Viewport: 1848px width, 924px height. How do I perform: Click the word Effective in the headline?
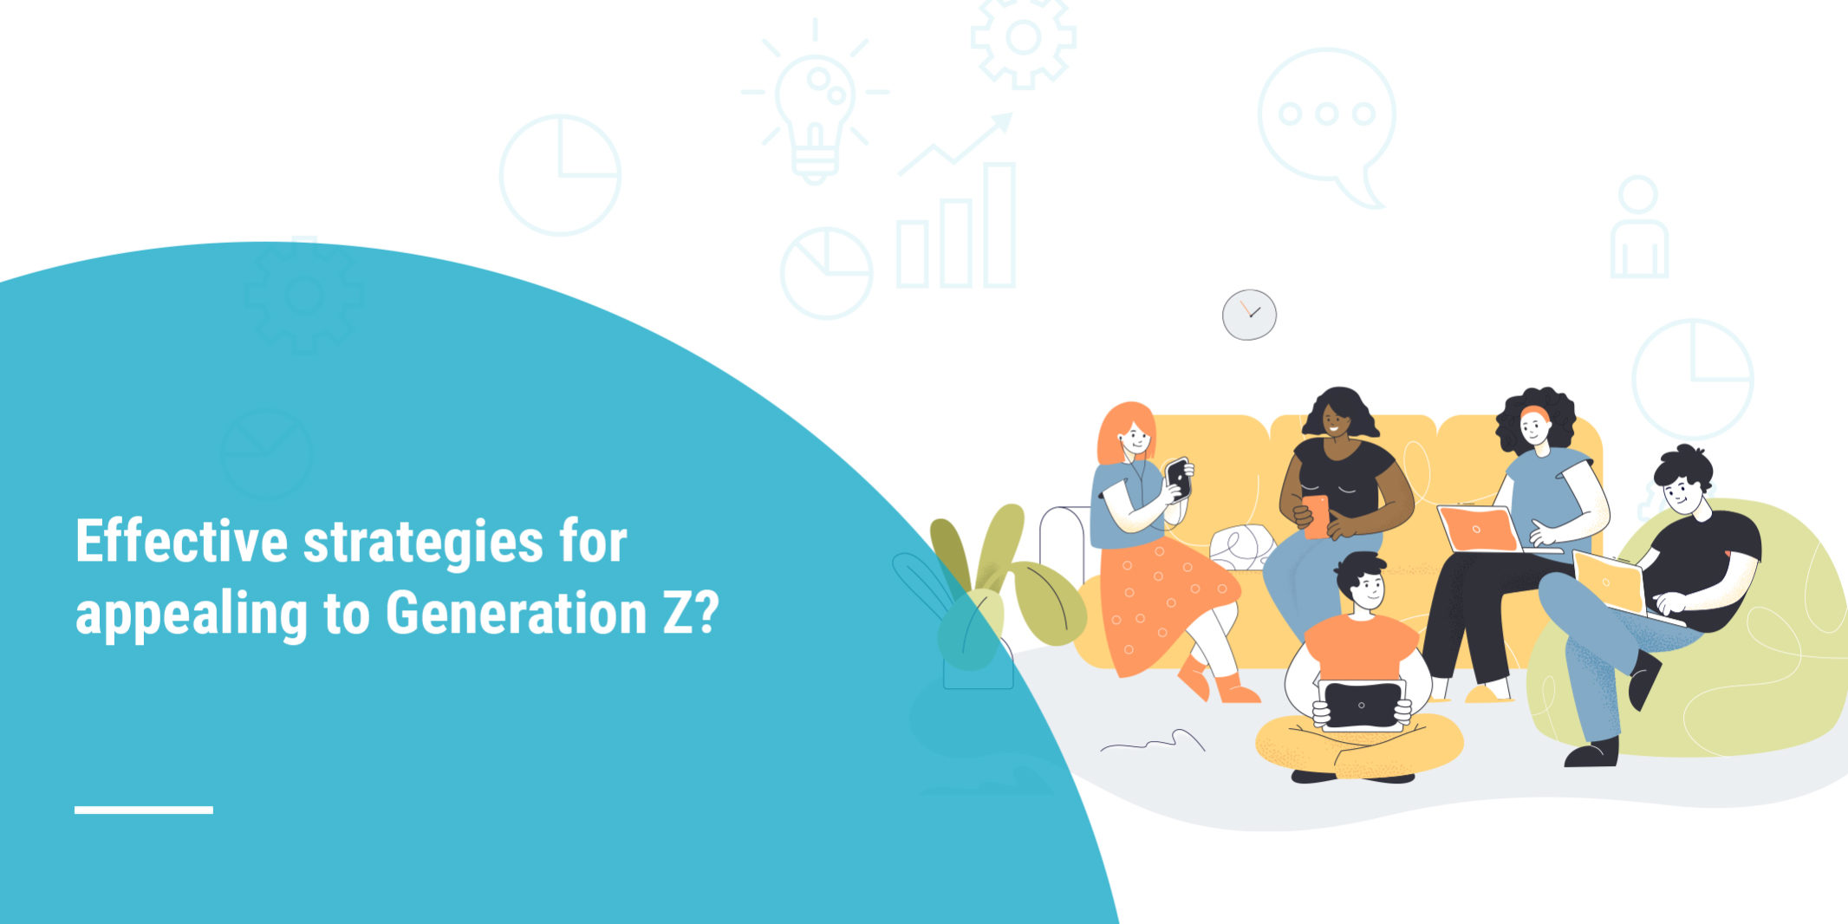[181, 542]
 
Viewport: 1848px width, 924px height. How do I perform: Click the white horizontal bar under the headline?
[144, 810]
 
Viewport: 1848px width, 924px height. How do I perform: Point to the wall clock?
[1249, 315]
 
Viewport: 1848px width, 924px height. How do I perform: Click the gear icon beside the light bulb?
[1024, 38]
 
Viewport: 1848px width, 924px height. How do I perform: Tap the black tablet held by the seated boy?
[1361, 706]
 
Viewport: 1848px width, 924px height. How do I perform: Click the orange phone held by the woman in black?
[1316, 516]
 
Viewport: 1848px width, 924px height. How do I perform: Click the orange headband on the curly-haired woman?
[1534, 413]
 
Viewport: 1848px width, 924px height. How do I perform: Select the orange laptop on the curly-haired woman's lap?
[1479, 530]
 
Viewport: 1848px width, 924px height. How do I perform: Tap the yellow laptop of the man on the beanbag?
[1610, 582]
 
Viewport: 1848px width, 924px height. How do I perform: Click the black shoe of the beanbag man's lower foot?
[1591, 752]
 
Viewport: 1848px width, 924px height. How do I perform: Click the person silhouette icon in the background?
[1638, 227]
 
